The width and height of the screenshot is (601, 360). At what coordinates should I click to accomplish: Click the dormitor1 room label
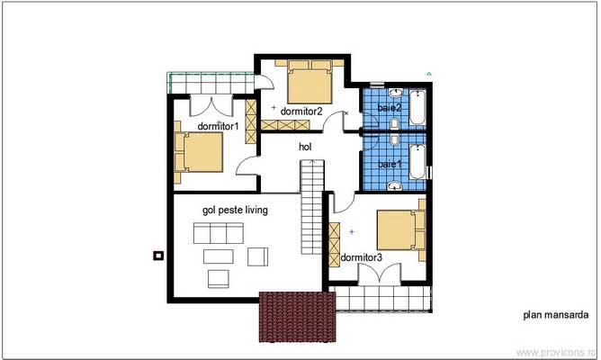tap(218, 126)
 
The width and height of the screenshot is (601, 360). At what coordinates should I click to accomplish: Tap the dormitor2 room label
tap(301, 111)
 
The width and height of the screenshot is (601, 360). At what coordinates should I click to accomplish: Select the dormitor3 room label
tap(362, 257)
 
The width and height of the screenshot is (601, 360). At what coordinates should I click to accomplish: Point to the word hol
tap(307, 145)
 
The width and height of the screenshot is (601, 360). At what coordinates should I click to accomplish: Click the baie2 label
tap(389, 108)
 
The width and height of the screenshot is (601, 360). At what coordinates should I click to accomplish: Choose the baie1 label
tap(389, 165)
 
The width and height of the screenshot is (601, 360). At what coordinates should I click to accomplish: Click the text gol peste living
tap(236, 209)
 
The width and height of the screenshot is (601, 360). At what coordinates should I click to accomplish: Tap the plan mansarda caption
tap(555, 316)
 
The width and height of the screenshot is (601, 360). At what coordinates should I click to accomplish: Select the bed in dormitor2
tap(309, 82)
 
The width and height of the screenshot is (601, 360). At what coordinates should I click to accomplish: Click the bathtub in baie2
tap(418, 108)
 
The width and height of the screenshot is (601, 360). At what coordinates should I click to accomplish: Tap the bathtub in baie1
tap(418, 164)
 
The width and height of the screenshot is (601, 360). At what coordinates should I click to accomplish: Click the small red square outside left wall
tap(158, 256)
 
